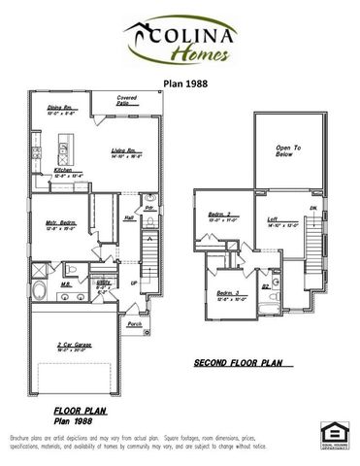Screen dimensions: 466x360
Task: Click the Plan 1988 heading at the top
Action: coord(180,84)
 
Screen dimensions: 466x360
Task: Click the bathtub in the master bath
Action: coord(39,292)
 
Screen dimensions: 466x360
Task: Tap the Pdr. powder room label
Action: coord(149,208)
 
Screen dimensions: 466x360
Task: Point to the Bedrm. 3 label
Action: coord(226,292)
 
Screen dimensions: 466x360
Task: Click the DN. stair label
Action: coord(312,208)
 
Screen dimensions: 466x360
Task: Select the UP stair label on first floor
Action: coord(134,283)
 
